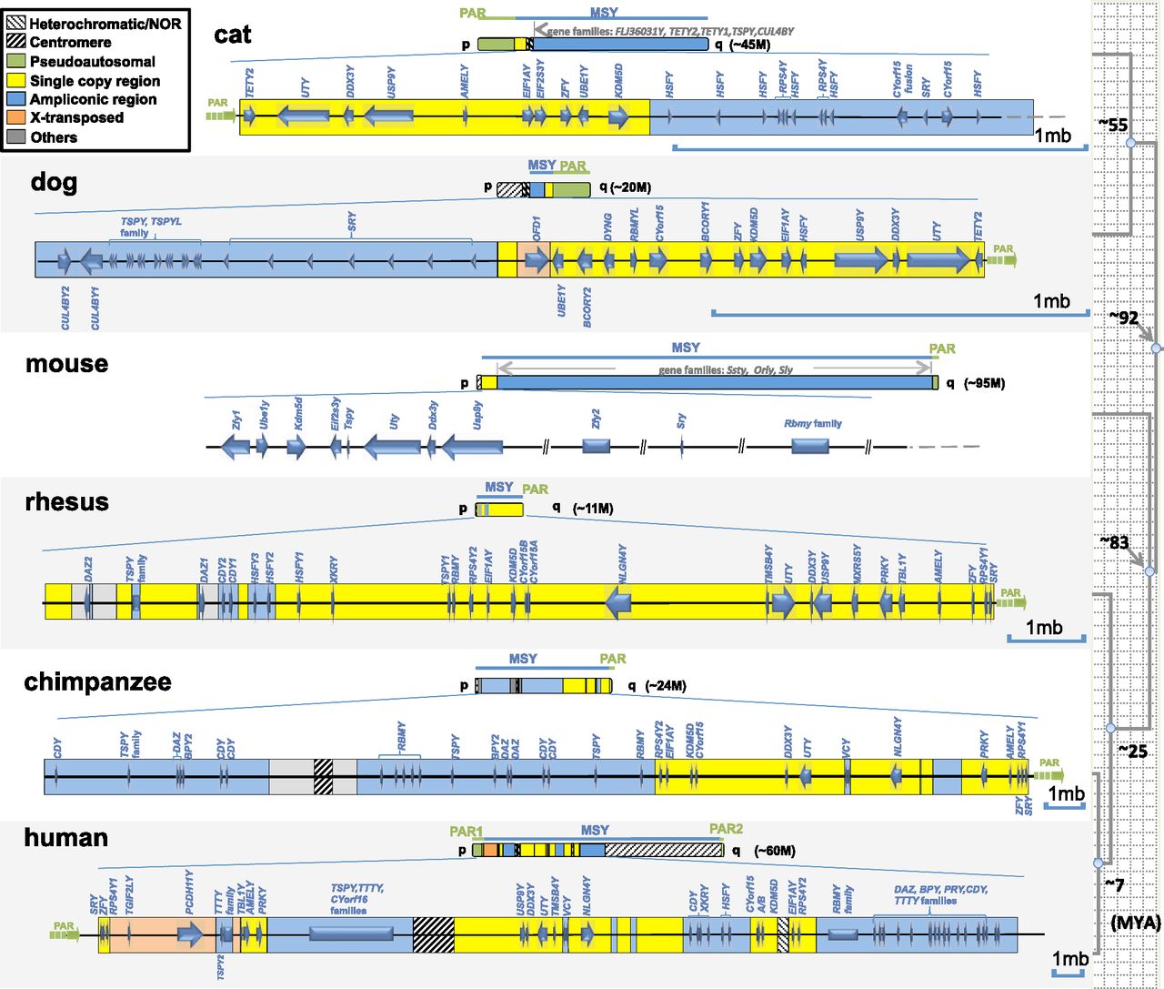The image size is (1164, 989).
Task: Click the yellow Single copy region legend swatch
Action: click(17, 80)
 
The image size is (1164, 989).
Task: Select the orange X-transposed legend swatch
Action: click(17, 117)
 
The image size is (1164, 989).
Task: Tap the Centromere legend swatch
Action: click(17, 42)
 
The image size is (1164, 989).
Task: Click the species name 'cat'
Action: click(233, 35)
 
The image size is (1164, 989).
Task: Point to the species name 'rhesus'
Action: click(66, 501)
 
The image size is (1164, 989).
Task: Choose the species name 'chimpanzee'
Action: click(97, 681)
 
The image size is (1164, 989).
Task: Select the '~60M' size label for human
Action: click(774, 851)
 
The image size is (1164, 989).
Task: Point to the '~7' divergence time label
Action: click(1114, 884)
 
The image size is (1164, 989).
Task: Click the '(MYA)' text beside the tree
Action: click(1135, 922)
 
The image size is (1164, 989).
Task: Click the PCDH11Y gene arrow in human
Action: click(190, 933)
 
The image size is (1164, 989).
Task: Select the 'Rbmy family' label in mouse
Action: click(812, 423)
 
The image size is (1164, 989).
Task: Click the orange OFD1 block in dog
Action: click(534, 260)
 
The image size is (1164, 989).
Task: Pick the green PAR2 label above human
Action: click(726, 829)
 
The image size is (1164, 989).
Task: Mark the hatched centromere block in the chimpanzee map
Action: click(323, 776)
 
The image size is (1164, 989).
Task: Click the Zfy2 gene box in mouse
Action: click(596, 446)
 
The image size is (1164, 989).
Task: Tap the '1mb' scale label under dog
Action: click(1051, 301)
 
